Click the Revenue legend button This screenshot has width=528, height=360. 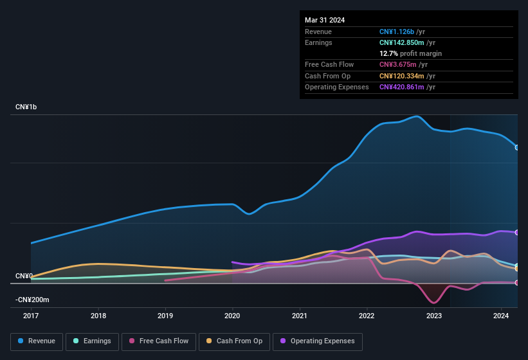37,341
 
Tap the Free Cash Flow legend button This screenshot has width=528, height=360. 159,341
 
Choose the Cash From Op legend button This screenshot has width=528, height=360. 235,341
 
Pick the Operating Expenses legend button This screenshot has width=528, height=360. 318,341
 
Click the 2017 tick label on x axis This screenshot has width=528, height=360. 32,316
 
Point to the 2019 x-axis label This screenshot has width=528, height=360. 165,316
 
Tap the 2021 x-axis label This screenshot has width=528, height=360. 299,316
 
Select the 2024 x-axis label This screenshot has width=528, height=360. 500,316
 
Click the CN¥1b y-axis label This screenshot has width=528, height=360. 26,107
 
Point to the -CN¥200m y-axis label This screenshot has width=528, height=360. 32,300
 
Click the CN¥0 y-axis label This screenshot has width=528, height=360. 24,276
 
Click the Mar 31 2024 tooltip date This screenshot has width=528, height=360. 325,20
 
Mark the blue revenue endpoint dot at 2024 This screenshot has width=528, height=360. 517,148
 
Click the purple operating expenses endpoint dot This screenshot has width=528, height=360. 517,233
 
